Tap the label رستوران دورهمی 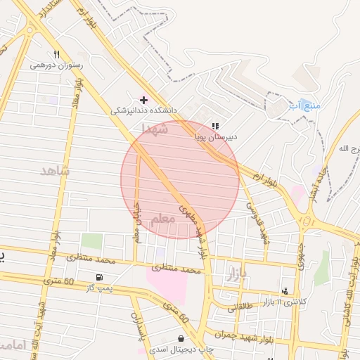coord(57,65)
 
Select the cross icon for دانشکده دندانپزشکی coord(143,100)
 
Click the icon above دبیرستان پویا coord(215,126)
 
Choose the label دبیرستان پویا coord(216,136)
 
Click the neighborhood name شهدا coord(155,129)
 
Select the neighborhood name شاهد coord(56,171)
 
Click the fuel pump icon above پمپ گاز coord(100,278)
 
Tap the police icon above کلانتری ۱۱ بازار coord(285,290)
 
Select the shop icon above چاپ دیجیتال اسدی coord(181,338)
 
